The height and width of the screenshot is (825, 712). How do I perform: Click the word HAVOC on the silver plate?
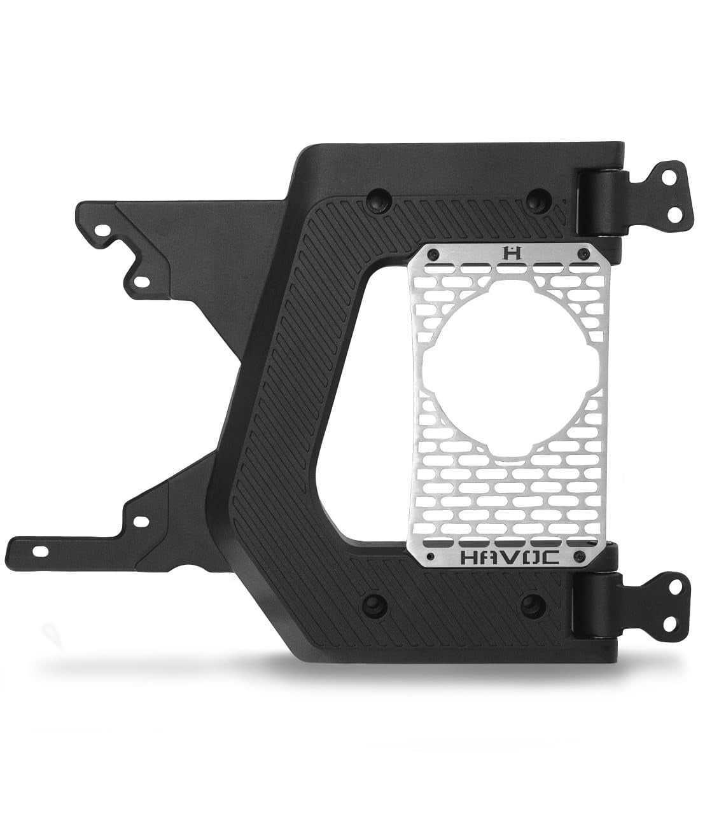[x=510, y=558]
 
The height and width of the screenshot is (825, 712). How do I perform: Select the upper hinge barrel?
[x=601, y=203]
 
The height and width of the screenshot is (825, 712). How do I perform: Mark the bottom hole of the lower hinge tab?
[x=669, y=624]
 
